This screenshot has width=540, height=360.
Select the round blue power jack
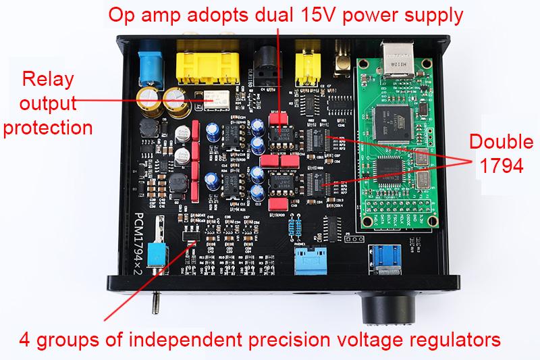(148, 64)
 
